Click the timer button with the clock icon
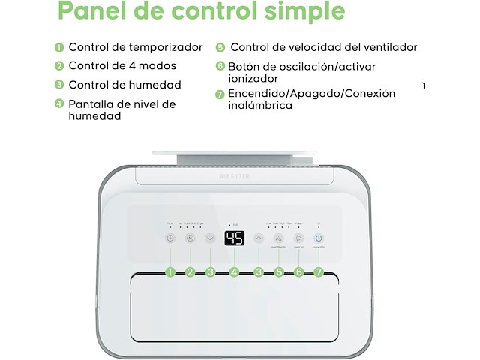coord(170,238)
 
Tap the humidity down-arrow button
coord(210,238)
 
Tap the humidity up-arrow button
coord(259,238)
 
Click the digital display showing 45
coord(234,239)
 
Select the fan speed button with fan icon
coord(279,238)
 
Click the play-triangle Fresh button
coord(298,238)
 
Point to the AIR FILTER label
coord(234,177)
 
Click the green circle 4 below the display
coord(234,272)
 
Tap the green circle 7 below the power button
coord(319,272)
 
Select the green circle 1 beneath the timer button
coord(170,272)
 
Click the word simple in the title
coord(307,12)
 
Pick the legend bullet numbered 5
coord(220,47)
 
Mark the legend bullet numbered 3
coord(59,85)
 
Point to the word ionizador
coord(253,78)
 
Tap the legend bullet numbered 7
coord(220,94)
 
